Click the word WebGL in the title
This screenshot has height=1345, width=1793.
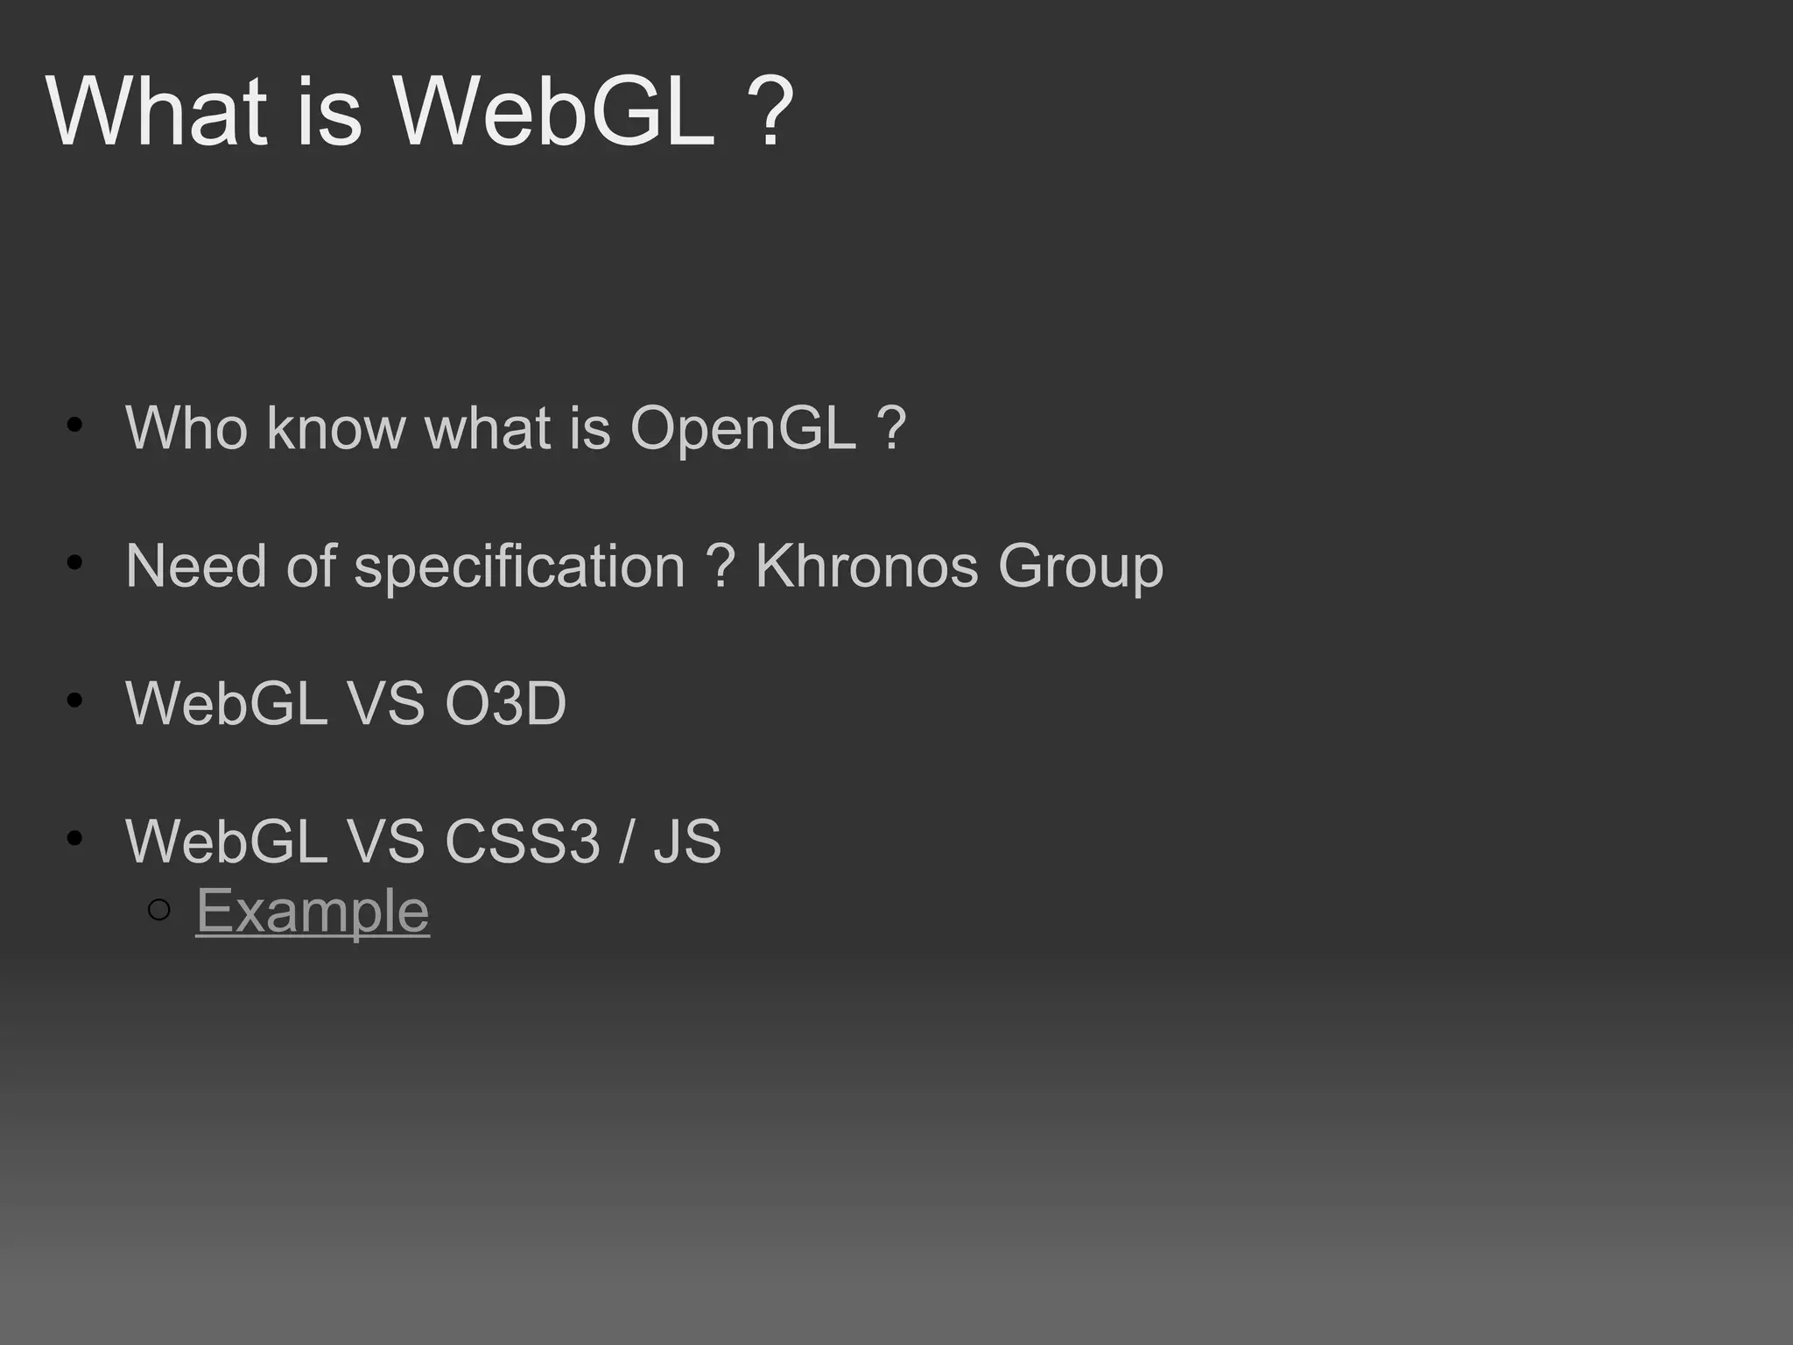553,112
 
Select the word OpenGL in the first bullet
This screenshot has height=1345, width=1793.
742,429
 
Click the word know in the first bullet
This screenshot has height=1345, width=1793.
336,428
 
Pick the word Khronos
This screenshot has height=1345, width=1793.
866,566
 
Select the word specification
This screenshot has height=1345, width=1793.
519,567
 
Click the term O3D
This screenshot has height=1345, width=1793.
506,703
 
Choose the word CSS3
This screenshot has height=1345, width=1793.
523,842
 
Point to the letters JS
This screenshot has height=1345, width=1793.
687,842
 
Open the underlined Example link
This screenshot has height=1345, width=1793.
313,911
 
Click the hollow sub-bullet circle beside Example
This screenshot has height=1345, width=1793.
159,911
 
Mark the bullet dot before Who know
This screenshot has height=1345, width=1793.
74,426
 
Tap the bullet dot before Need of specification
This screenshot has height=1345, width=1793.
74,563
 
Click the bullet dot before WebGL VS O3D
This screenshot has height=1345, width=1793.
74,701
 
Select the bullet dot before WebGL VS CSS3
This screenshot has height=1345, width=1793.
74,838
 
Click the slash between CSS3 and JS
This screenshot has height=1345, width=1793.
624,842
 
